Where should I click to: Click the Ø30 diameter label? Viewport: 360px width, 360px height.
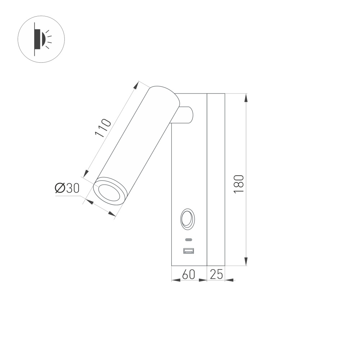(67, 188)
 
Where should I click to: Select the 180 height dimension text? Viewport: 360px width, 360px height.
(239, 184)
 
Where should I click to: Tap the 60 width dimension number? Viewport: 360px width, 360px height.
(189, 275)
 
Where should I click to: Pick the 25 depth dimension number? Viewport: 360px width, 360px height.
(216, 275)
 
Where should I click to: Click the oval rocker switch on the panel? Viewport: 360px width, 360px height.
(188, 219)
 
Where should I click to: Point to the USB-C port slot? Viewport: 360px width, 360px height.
(188, 240)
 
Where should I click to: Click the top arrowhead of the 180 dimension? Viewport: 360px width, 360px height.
(246, 98)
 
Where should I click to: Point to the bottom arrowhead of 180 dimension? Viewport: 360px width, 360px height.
(246, 261)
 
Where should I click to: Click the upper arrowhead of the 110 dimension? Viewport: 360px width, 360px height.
(136, 86)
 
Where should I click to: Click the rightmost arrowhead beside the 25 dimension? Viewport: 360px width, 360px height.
(230, 280)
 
